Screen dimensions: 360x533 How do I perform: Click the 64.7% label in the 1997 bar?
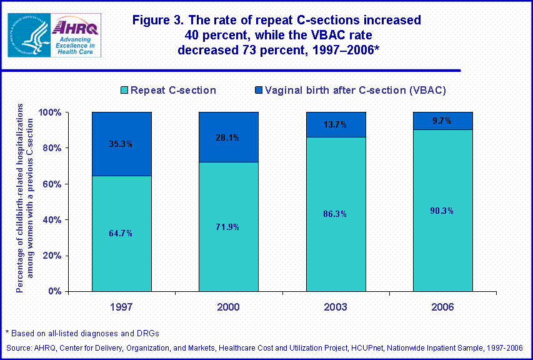click(x=121, y=233)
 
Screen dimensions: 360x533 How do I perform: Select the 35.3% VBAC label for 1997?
click(x=121, y=144)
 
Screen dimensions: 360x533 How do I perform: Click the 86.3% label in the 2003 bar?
click(x=335, y=214)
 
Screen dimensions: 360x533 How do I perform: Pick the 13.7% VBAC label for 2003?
click(x=335, y=124)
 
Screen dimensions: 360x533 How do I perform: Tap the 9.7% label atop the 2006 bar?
click(x=442, y=121)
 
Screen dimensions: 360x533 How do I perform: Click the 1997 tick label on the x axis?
click(x=121, y=307)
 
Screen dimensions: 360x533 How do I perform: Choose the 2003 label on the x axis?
click(x=335, y=307)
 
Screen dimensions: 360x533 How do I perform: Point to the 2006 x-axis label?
click(x=442, y=307)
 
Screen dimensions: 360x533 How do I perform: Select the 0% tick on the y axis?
click(x=56, y=291)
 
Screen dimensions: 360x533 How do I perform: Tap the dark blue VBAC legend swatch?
click(x=257, y=91)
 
